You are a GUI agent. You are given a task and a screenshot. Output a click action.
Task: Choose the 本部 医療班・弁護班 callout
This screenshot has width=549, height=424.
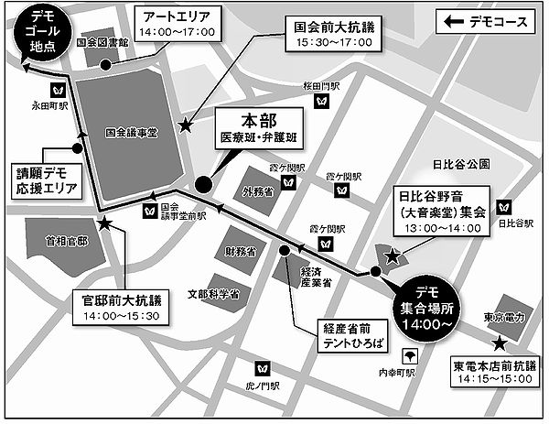coord(259,132)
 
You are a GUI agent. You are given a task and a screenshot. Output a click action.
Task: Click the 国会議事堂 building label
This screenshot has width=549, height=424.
coord(132,133)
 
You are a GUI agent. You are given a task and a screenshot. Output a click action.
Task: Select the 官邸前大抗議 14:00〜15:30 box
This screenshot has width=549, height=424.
coord(120,308)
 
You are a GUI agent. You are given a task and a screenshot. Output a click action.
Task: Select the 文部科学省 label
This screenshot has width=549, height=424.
coord(213,295)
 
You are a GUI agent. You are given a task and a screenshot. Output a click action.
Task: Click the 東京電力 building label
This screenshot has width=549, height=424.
coord(503,319)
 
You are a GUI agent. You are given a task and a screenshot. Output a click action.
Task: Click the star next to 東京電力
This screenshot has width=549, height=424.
coord(500,342)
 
